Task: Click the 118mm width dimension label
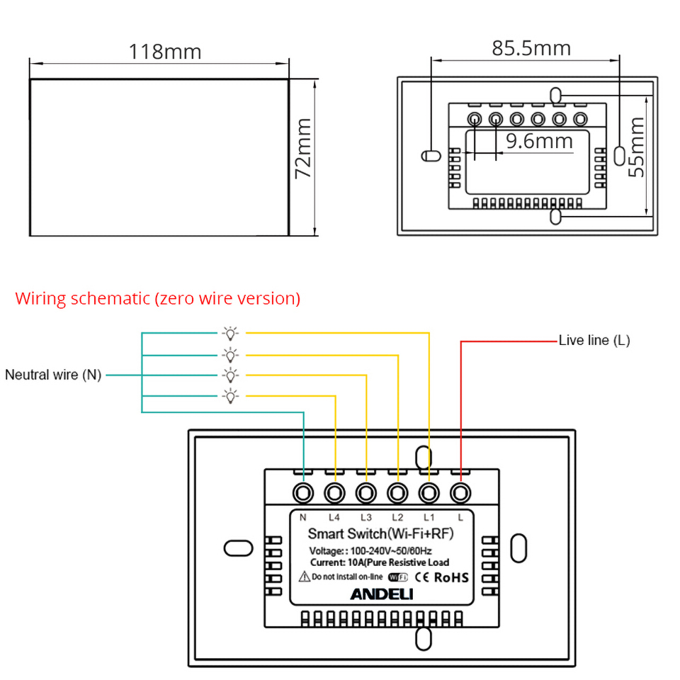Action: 165,52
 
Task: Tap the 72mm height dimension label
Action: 303,148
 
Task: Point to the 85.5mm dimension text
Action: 531,48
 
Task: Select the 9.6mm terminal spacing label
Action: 540,141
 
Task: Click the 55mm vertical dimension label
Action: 636,147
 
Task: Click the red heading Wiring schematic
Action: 158,299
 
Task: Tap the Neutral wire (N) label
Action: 53,375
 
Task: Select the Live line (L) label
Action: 594,341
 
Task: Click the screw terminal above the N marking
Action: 303,493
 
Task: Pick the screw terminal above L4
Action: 334,493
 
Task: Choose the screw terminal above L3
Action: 366,493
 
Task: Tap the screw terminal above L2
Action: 397,493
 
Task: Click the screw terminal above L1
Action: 429,493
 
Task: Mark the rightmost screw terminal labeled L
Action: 460,493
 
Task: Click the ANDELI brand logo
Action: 382,594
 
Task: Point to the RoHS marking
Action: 451,578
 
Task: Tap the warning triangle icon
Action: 305,577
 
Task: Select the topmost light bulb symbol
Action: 230,334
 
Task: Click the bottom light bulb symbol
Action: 230,397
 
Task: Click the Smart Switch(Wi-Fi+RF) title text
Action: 381,534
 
